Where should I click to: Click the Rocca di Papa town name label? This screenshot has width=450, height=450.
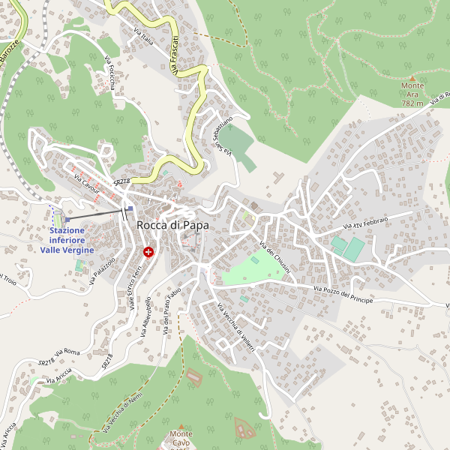click(x=172, y=225)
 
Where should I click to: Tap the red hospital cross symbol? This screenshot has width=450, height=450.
click(x=149, y=253)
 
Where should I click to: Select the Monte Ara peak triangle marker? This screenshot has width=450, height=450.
click(x=412, y=77)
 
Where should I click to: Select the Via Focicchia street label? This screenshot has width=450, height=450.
click(x=109, y=73)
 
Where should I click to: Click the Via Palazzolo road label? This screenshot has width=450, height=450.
click(x=103, y=271)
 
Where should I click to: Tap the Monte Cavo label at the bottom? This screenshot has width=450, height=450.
click(x=180, y=438)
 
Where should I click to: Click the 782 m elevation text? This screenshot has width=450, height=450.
click(x=412, y=103)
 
